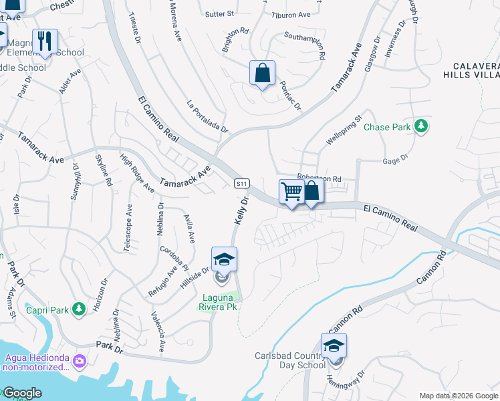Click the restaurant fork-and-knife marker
[45, 41]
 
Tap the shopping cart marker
[291, 192]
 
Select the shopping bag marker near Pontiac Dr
[262, 73]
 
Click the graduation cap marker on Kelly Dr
[224, 260]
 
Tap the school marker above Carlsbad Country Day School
[334, 346]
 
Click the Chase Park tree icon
[421, 126]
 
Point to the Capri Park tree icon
[79, 309]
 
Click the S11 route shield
[241, 183]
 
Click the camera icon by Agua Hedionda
[80, 360]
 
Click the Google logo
[21, 393]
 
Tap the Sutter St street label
[220, 13]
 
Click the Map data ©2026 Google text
[459, 395]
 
